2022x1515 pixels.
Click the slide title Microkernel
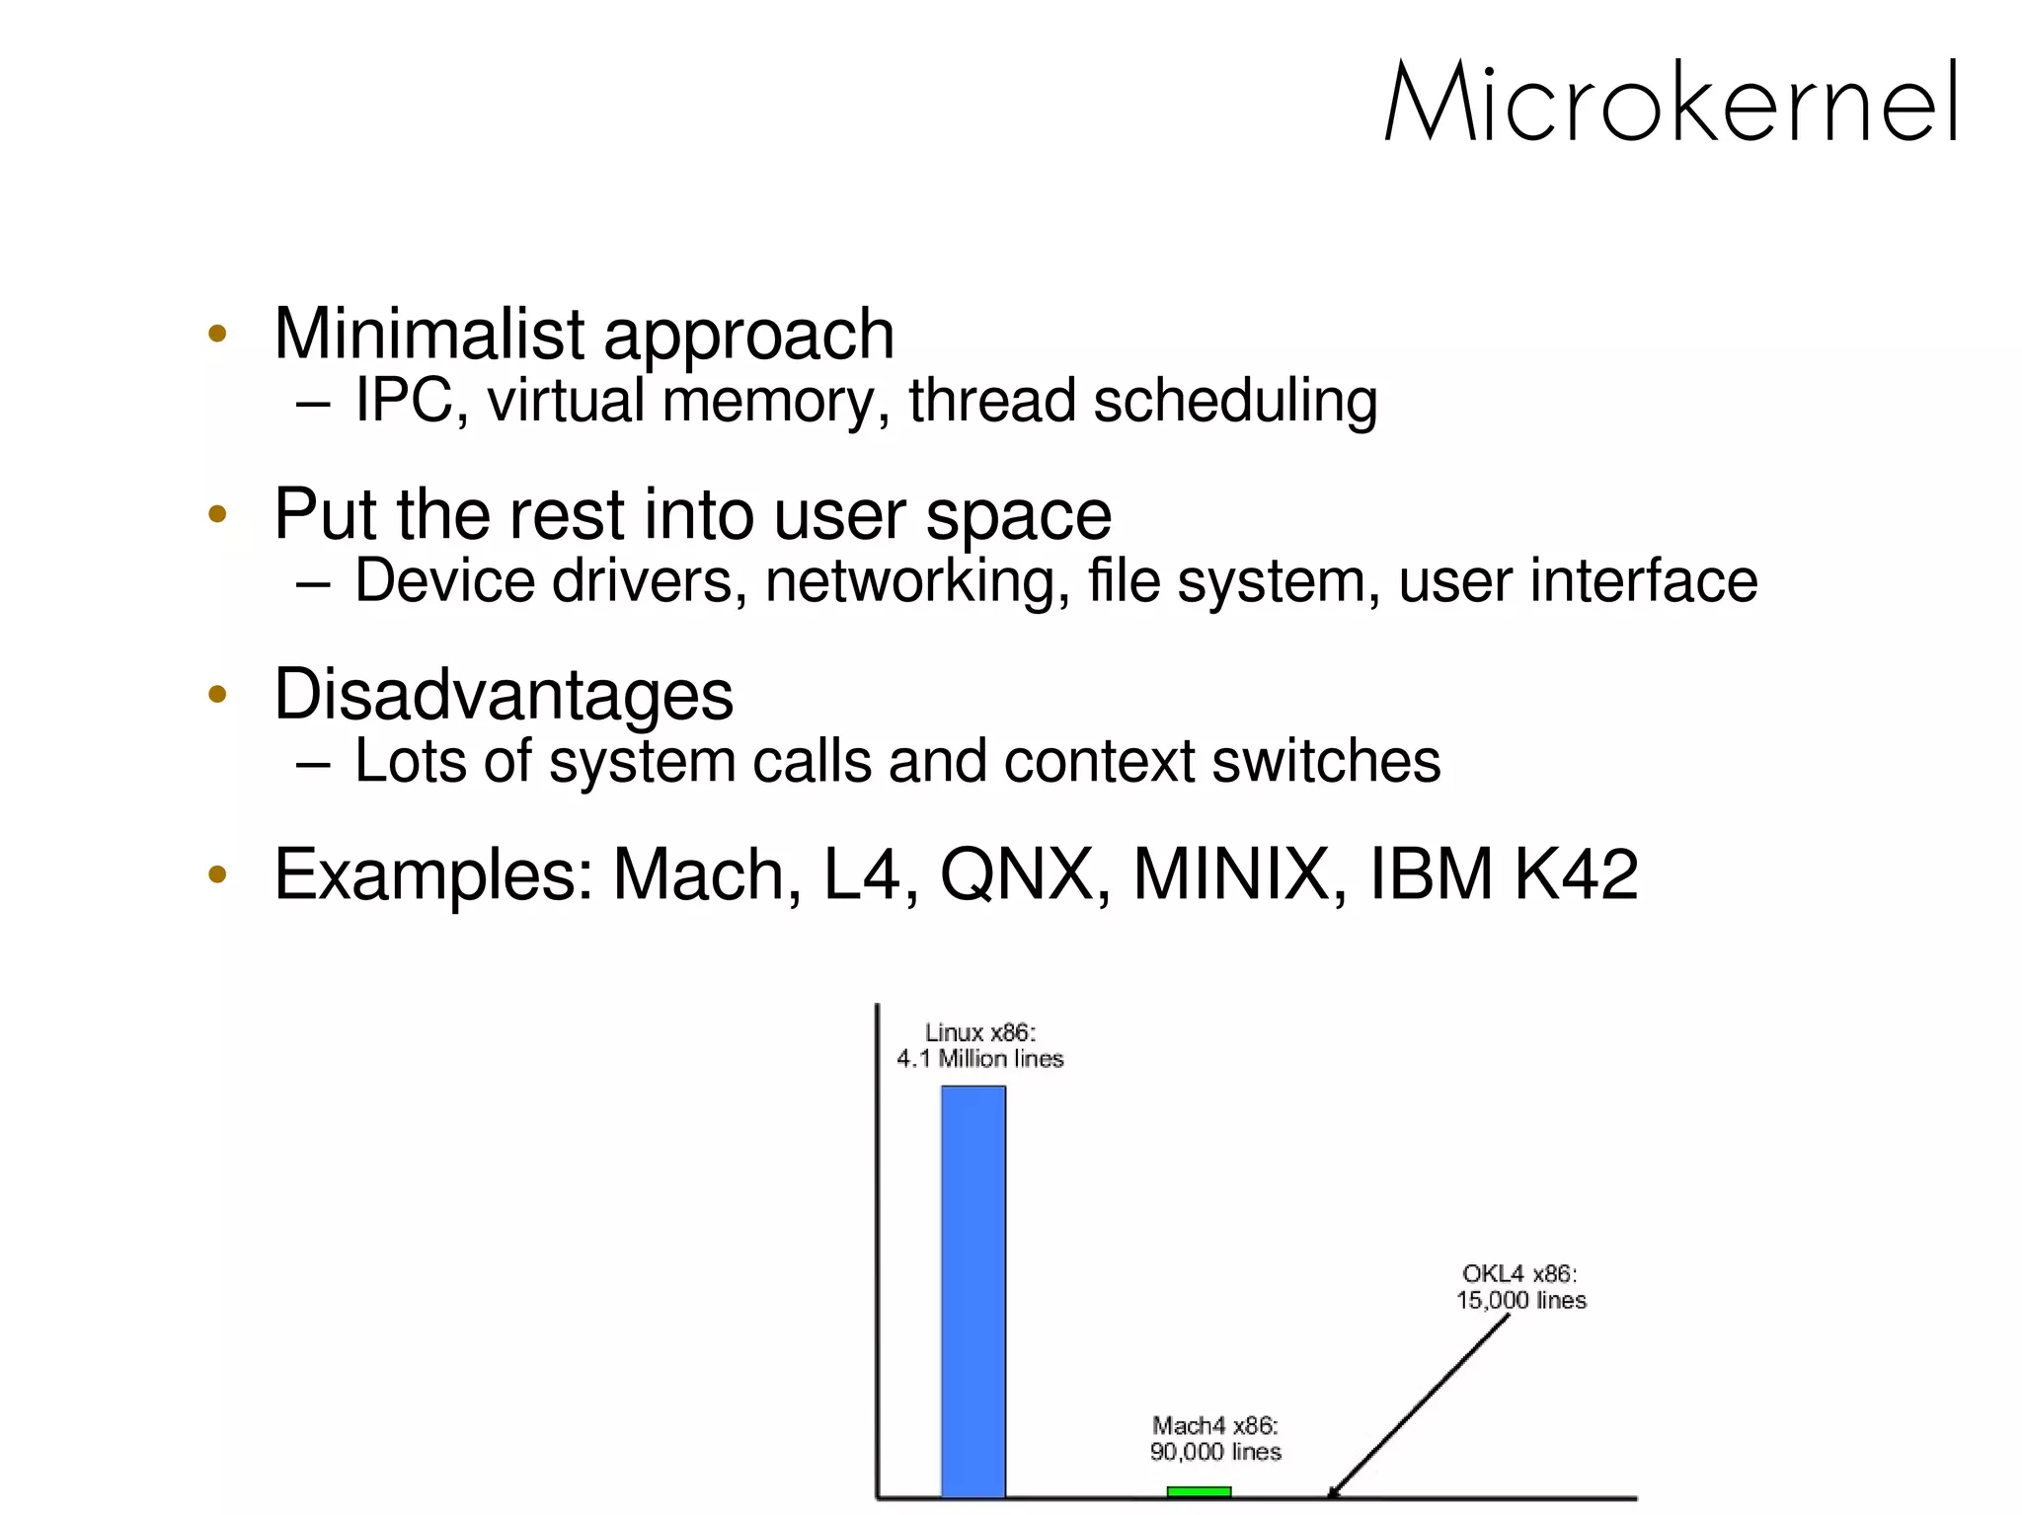(x=1671, y=103)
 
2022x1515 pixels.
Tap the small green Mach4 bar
(x=1199, y=1491)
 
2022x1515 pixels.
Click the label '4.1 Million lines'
(x=979, y=1059)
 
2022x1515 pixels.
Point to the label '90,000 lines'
(x=1215, y=1452)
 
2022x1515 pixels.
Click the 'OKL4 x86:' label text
(x=1519, y=1274)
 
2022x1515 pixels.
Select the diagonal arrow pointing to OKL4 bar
(x=1422, y=1405)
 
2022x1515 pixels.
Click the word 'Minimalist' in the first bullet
(x=429, y=334)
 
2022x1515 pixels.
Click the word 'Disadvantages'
(x=504, y=695)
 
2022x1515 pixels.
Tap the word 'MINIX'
(x=1231, y=874)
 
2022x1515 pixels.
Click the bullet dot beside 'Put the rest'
(x=218, y=514)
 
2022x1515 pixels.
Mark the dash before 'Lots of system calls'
(x=312, y=763)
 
